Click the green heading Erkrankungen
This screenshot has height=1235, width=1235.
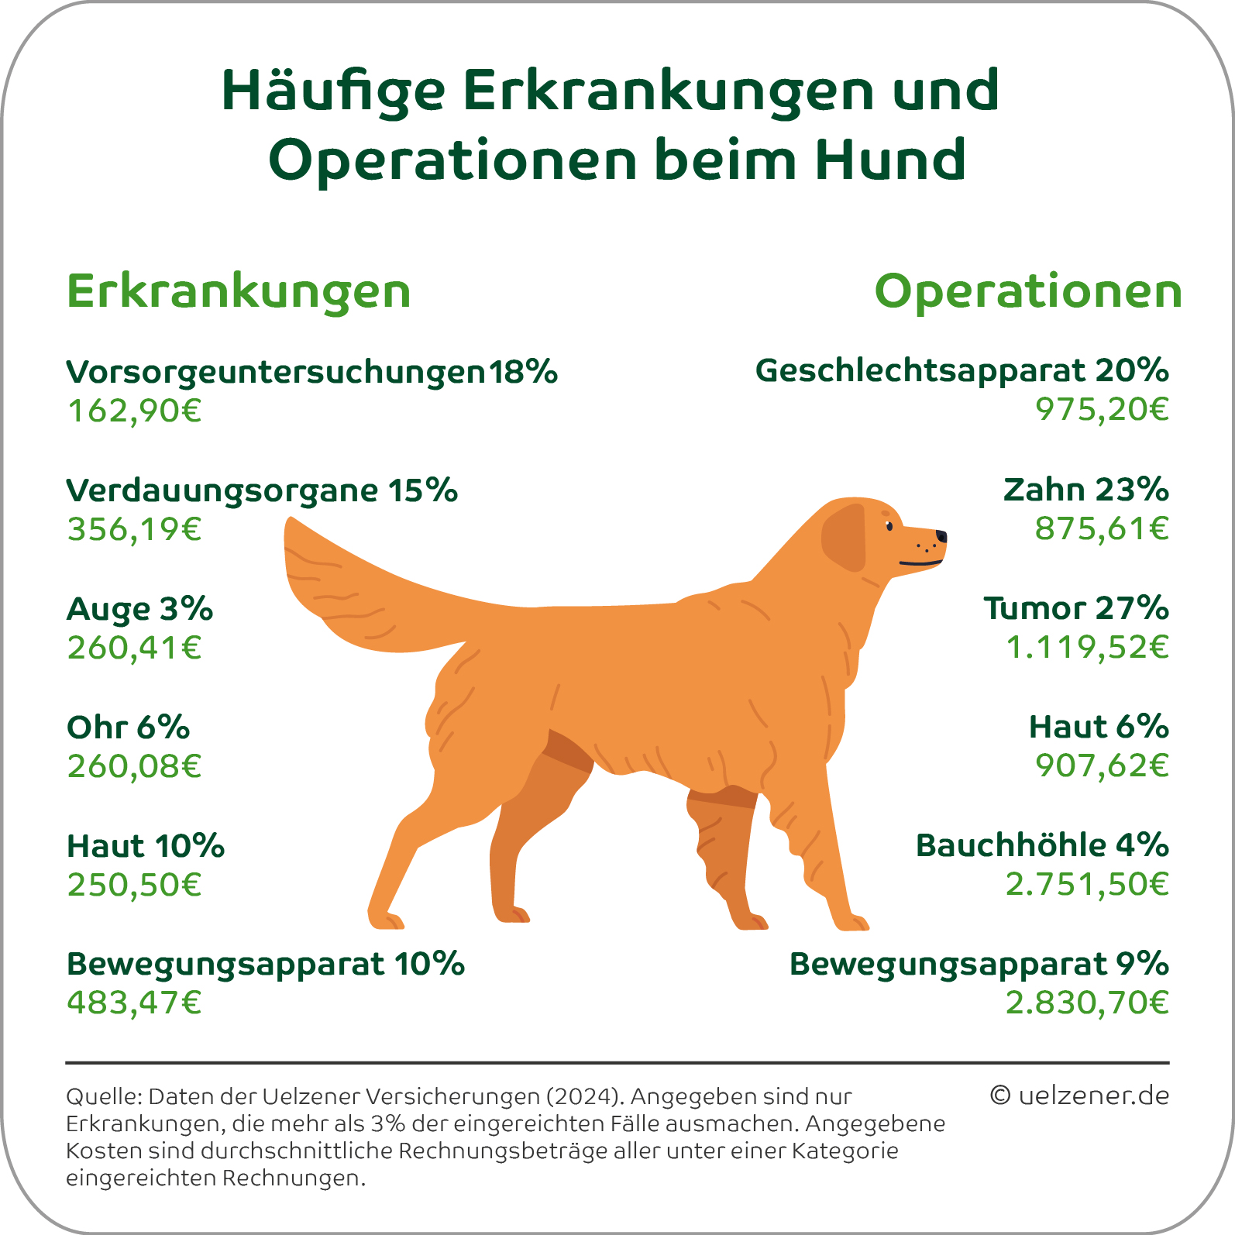point(239,292)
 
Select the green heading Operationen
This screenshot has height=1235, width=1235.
point(1028,292)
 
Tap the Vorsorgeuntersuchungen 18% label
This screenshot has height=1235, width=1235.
point(311,372)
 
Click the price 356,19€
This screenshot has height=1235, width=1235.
point(134,529)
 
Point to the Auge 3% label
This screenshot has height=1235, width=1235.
point(139,609)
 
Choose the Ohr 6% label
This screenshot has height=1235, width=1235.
point(128,728)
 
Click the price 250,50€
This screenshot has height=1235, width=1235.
point(134,885)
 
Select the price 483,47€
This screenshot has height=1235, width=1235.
point(134,1003)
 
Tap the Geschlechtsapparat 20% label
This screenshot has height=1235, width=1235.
point(962,370)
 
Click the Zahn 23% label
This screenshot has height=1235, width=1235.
point(1085,490)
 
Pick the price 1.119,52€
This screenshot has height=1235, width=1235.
point(1087,647)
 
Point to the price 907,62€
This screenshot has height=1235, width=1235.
point(1102,765)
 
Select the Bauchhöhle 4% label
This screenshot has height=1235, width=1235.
point(1042,845)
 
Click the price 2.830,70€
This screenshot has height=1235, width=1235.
point(1087,1003)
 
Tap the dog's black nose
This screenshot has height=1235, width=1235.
point(941,535)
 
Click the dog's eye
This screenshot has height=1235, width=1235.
point(889,527)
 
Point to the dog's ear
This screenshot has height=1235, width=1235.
point(845,537)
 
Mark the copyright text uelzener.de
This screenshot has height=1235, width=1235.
point(1079,1096)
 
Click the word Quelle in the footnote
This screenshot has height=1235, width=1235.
point(103,1097)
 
